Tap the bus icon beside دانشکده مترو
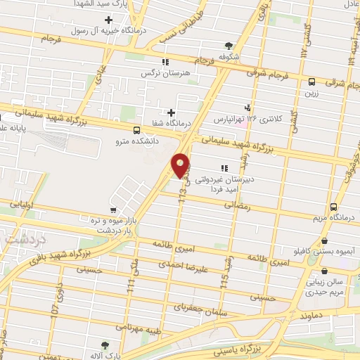136,129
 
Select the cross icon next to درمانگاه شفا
171,112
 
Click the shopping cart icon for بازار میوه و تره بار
112,210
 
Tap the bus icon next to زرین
311,81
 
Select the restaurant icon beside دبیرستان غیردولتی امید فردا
224,168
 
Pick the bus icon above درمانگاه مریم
334,207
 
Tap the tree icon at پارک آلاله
105,345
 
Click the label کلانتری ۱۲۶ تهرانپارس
248,119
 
